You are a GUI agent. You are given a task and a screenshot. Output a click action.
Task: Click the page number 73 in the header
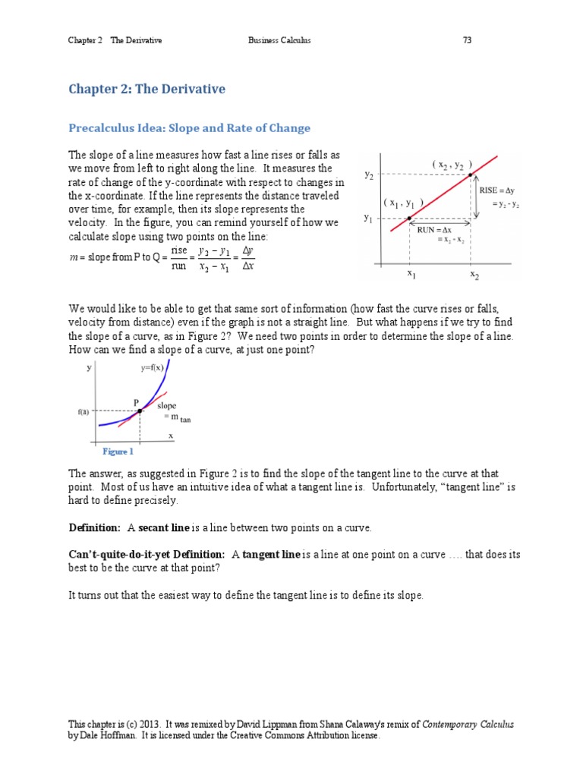click(468, 40)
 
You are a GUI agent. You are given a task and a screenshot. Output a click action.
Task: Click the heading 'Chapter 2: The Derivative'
click(147, 90)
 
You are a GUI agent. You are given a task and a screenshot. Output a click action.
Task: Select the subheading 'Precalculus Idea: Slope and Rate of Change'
click(190, 128)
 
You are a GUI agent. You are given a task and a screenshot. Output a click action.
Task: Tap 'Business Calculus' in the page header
click(279, 40)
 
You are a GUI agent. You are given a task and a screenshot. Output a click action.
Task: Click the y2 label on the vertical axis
click(369, 175)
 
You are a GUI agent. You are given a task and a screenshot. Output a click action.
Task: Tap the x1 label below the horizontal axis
click(411, 274)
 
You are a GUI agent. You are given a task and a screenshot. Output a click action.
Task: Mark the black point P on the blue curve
click(140, 411)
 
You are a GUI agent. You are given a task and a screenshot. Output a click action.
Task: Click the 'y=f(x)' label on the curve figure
click(153, 368)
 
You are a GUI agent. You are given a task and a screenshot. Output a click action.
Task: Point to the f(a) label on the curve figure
click(84, 411)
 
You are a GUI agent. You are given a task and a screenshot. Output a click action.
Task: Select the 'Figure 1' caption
click(118, 451)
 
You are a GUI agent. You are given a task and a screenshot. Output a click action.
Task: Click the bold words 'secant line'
click(163, 527)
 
